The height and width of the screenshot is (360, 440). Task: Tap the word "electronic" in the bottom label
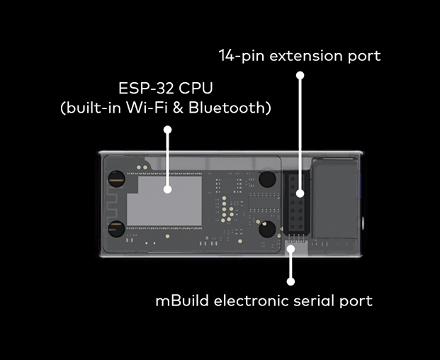tap(246, 300)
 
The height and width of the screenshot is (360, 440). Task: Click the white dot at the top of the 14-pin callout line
tap(300, 74)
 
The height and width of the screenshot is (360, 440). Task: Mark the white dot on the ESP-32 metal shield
tap(168, 189)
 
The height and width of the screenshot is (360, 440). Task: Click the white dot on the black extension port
tap(300, 192)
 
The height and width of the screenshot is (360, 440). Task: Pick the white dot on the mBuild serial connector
tap(290, 248)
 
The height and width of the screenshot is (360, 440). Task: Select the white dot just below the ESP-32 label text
tap(168, 130)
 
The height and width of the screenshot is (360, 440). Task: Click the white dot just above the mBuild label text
tap(290, 280)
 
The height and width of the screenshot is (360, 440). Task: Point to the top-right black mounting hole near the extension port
tap(267, 179)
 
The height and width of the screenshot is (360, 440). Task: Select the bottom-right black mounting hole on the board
tap(267, 229)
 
